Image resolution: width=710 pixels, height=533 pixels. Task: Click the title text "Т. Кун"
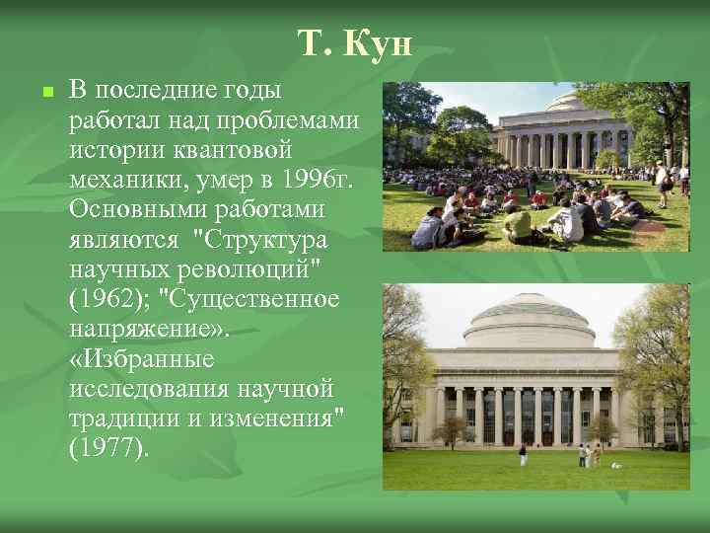click(354, 43)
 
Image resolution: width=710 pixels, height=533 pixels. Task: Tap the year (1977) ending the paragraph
click(109, 449)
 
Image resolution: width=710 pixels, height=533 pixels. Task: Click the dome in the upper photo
click(568, 102)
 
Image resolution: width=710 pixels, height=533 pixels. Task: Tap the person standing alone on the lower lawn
click(522, 455)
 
